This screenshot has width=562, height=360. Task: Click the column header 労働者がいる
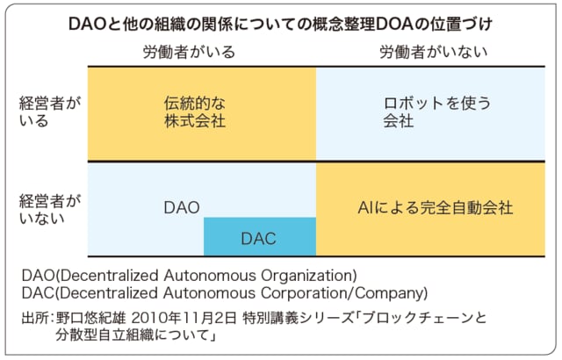tap(189, 53)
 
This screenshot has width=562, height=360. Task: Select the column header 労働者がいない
tap(434, 53)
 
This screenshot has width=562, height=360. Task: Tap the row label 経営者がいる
tap(50, 112)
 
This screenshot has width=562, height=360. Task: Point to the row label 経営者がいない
tap(50, 210)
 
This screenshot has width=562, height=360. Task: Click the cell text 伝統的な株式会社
tap(195, 112)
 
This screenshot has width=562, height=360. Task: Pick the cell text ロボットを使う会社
tap(437, 112)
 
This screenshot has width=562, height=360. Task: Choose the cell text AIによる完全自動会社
tap(436, 208)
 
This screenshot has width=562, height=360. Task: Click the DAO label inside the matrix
tap(182, 208)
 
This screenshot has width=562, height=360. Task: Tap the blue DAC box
tap(260, 237)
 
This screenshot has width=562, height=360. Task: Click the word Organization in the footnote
tap(308, 276)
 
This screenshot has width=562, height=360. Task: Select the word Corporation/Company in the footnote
tap(344, 293)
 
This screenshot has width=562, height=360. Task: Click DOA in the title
tap(393, 25)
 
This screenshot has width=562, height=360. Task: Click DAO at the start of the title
tap(87, 25)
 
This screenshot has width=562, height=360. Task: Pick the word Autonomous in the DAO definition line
tap(209, 276)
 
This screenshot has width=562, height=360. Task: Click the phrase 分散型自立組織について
tap(133, 335)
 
